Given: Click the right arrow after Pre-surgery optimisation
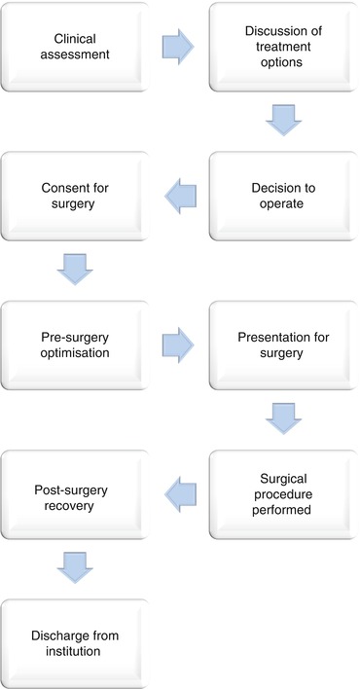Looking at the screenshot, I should pos(178,343).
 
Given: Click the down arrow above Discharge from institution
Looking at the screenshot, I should pos(76,569).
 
